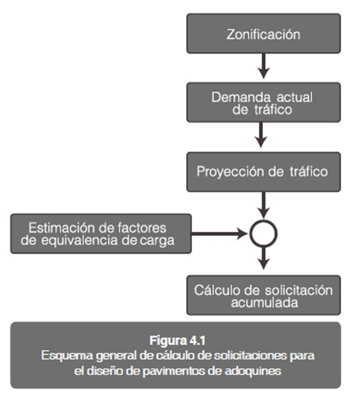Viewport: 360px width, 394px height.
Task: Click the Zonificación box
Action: coord(263,33)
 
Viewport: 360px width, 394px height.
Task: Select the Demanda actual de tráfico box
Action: coord(263,102)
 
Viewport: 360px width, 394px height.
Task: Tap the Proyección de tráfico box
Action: coord(263,172)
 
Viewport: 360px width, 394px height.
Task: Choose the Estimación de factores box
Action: coord(101,234)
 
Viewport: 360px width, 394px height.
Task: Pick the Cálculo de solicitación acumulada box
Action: coord(263,295)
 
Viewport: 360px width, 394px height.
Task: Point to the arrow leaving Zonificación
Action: coord(263,66)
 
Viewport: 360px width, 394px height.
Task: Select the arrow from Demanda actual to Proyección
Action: coord(261,135)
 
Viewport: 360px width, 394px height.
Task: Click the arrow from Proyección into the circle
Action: coord(263,205)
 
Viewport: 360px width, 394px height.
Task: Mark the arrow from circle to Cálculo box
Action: coord(263,258)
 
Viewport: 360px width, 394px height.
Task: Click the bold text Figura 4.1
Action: coord(177,340)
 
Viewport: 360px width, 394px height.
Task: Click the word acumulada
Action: coord(265,303)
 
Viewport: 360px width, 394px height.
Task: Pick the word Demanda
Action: coord(237,98)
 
